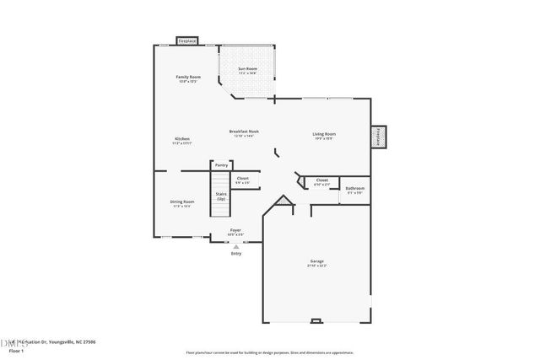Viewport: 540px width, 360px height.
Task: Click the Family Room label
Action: [187, 77]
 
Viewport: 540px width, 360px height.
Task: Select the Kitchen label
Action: [182, 138]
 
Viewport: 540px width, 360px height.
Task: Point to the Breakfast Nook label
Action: [244, 132]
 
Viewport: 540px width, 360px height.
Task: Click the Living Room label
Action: [325, 134]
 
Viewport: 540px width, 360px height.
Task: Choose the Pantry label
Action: [221, 165]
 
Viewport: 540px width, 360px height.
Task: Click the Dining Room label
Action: [183, 201]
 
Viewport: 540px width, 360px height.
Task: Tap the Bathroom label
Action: [355, 188]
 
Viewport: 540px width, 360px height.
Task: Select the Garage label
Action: [316, 261]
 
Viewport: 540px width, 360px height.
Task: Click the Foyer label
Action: [237, 230]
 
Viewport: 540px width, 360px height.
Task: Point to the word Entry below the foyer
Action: [236, 253]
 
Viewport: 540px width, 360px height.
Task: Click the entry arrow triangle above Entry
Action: [236, 246]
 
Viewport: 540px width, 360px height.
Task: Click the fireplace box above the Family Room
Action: [187, 40]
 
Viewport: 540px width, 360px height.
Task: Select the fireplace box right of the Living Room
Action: [380, 137]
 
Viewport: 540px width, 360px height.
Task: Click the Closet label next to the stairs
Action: [242, 178]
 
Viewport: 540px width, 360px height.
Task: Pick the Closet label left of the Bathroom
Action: [321, 180]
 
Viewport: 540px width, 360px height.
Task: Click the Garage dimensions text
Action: [316, 266]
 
